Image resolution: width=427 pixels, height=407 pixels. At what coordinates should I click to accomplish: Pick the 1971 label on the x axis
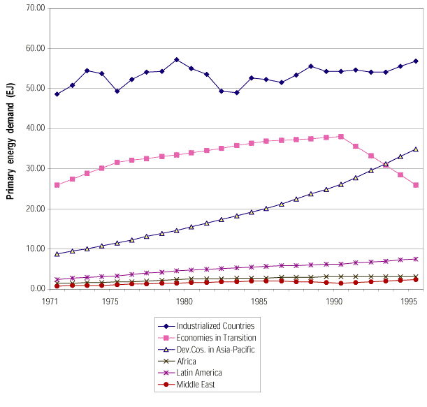coord(50,302)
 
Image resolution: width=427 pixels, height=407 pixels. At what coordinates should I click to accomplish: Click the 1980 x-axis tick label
coord(184,302)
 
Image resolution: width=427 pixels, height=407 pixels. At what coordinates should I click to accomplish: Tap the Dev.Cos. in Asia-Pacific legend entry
coord(212,349)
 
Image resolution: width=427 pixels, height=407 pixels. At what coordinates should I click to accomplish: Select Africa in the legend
coord(187,361)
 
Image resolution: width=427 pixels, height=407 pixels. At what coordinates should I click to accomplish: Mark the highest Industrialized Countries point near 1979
coord(177,60)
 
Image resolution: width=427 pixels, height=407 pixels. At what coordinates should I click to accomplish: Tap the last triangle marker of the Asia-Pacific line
coord(416,149)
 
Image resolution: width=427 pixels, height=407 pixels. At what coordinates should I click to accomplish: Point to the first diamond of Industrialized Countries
coord(57,94)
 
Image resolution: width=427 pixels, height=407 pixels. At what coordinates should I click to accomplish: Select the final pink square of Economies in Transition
coord(416,185)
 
